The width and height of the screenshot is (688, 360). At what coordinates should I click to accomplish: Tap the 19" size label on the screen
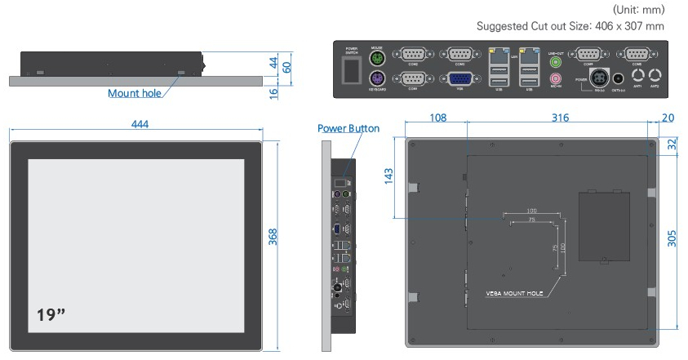click(x=51, y=315)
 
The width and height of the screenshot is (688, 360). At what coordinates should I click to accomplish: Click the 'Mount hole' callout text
click(x=135, y=93)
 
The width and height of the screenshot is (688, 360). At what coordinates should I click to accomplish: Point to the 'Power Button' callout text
click(x=348, y=129)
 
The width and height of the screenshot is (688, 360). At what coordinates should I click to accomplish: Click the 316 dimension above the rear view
click(x=559, y=119)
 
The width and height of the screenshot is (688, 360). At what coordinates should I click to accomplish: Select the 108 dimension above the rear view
click(x=437, y=119)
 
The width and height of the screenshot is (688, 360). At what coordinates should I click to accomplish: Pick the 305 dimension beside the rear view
click(x=671, y=238)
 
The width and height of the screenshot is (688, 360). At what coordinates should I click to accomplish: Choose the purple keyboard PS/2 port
click(x=377, y=79)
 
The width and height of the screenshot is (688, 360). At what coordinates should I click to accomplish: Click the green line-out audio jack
click(x=557, y=60)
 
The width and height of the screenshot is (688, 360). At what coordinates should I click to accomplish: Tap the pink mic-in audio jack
click(x=557, y=78)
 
